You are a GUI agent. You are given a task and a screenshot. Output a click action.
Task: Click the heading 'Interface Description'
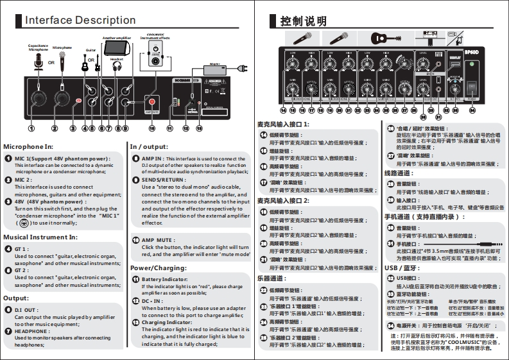click(80, 21)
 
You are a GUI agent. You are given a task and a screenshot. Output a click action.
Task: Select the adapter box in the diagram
click(215, 69)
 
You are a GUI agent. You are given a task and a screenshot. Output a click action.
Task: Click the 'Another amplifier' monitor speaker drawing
click(116, 48)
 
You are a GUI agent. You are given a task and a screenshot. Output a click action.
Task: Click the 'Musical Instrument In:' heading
click(40, 237)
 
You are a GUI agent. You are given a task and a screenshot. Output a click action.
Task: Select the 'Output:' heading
click(16, 298)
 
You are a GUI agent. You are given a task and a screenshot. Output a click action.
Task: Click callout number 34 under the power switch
click(472, 110)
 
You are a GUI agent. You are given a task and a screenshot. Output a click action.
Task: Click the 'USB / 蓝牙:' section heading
click(401, 267)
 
